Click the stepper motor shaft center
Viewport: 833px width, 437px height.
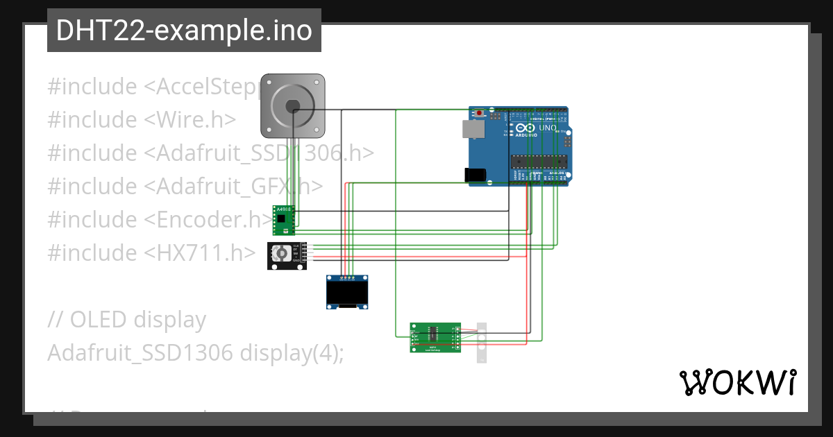(293, 105)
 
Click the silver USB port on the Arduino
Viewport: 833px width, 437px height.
(473, 128)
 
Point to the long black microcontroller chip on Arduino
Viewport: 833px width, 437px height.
(539, 162)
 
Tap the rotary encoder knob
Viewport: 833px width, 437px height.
(281, 255)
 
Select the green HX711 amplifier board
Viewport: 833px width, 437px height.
(435, 337)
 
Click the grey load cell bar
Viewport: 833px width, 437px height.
(482, 342)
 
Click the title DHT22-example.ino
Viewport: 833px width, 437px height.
(184, 31)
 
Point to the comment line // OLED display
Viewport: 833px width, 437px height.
(127, 319)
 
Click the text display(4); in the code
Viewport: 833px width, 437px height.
(292, 352)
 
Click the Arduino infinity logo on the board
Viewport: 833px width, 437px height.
(525, 129)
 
